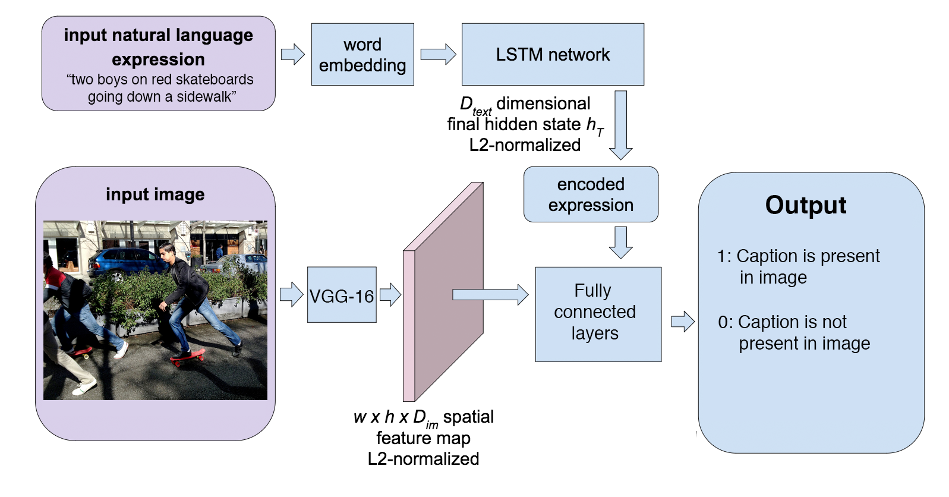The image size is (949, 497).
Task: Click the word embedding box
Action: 362,54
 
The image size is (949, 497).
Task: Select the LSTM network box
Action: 553,54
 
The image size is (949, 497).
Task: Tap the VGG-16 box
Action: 342,295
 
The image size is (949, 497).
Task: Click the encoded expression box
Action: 591,194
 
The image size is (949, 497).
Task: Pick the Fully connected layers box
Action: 598,314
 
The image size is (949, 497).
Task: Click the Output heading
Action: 806,205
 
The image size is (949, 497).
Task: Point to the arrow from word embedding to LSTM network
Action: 438,54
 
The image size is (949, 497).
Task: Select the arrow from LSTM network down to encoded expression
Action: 620,125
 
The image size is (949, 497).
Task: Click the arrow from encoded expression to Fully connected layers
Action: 620,243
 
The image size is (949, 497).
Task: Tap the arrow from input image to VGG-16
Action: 292,294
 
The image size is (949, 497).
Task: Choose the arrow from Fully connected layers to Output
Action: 683,322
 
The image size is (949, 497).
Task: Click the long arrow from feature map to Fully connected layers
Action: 491,294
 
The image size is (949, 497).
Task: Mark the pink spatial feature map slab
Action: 443,292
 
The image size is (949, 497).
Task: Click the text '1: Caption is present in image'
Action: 799,267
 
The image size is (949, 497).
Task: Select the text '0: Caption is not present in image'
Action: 794,332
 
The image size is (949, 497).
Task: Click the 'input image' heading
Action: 155,194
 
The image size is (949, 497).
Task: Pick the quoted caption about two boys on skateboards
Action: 160,88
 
